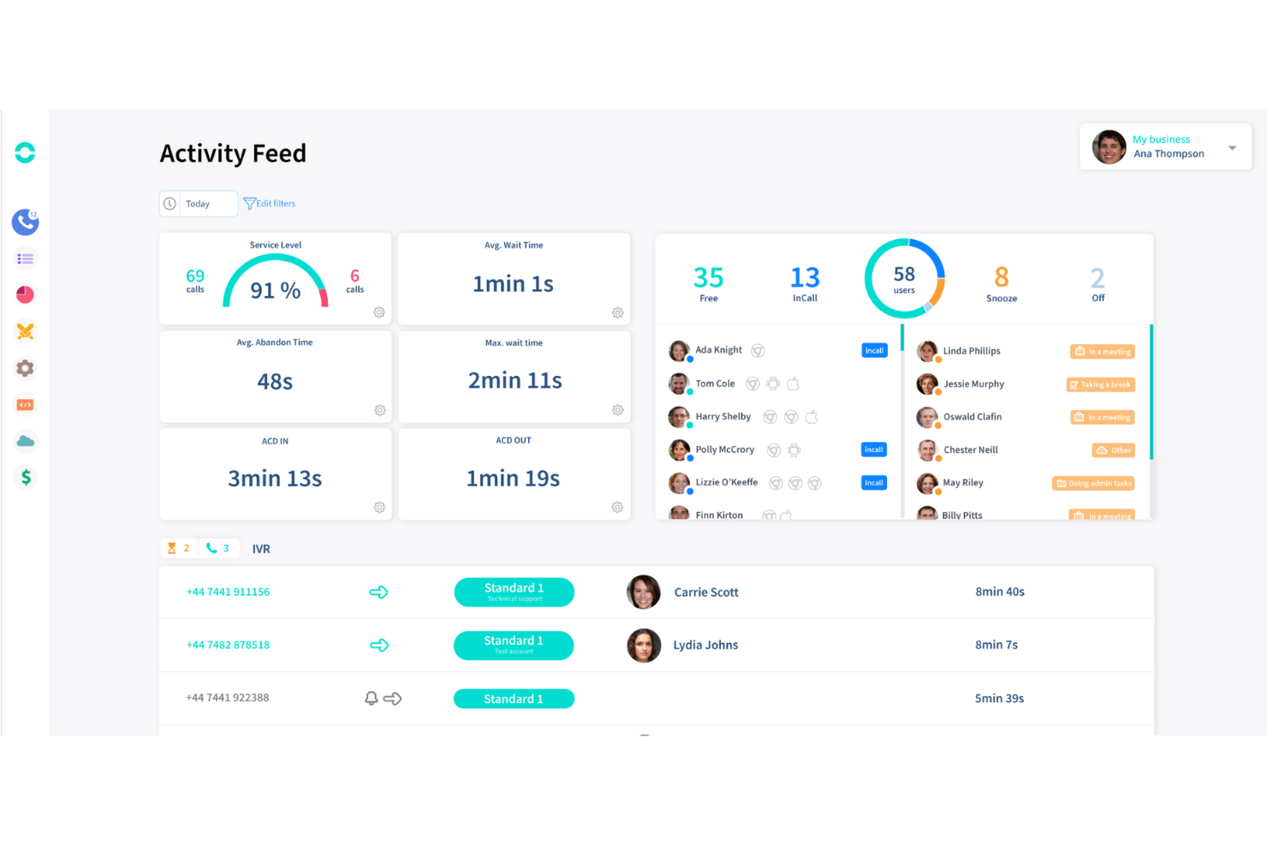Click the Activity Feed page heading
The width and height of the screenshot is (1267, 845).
pos(233,153)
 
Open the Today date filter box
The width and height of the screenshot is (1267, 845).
pos(199,204)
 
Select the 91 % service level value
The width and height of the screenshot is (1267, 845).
pos(275,290)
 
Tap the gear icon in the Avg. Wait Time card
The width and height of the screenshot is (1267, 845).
pos(617,312)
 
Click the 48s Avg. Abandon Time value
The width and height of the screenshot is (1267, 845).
pos(275,382)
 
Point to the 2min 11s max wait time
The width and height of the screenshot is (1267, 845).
pos(515,381)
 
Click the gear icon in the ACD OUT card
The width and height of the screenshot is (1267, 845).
pos(617,508)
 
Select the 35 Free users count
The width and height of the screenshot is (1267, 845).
pos(708,279)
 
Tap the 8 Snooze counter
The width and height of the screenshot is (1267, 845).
pos(1001,279)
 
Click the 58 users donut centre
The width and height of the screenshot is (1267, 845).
pos(904,278)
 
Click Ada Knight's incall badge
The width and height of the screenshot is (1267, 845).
pos(874,350)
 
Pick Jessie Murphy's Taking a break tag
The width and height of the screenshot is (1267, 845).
pos(1100,384)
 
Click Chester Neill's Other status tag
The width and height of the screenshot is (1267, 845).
pos(1113,450)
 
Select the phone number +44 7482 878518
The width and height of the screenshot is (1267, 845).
pos(228,645)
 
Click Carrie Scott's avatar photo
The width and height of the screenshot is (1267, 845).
pos(644,592)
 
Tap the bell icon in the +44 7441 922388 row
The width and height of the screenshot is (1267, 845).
pos(372,699)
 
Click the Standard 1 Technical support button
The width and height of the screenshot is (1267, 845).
pos(514,592)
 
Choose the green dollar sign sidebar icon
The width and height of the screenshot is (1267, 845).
pos(26,478)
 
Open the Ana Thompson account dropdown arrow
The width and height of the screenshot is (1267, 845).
pos(1232,147)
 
